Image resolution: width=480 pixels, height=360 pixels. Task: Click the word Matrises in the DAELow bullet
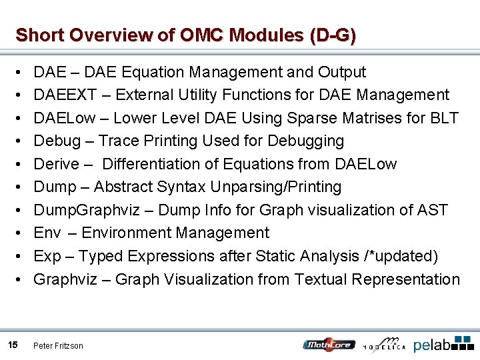tap(373, 118)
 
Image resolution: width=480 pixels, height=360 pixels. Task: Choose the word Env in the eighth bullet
tap(47, 233)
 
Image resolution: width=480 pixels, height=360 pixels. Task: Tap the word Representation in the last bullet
tap(406, 279)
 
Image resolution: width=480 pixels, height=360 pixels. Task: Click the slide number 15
tap(13, 345)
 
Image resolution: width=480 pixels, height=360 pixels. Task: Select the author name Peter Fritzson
tap(59, 345)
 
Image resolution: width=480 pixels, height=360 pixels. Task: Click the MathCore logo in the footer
tap(329, 344)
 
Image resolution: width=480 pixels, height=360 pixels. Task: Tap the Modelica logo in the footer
tap(384, 344)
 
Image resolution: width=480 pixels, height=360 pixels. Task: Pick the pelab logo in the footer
tap(443, 344)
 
